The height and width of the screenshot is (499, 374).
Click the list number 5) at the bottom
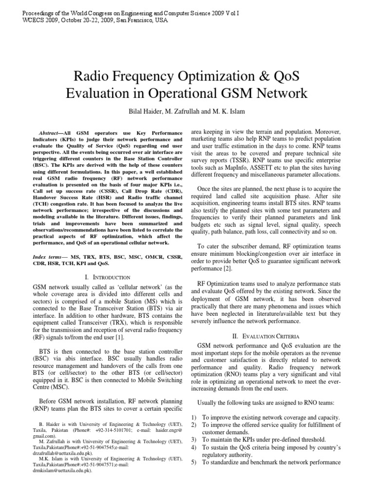tap(194, 462)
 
